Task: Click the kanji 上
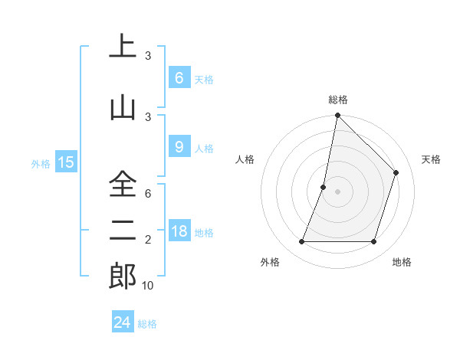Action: (123, 47)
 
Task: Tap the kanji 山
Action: (123, 108)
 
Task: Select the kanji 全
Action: (123, 185)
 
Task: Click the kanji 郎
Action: (123, 276)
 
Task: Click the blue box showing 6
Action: (179, 78)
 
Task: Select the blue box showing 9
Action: (179, 148)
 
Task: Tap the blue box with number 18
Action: (179, 231)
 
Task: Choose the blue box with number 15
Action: (65, 162)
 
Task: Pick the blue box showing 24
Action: (123, 322)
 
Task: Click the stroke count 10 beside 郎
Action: (148, 286)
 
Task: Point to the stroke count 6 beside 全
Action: (148, 194)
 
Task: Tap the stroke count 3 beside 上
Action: (148, 56)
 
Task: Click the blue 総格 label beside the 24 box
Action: (147, 324)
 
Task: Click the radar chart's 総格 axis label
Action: (337, 100)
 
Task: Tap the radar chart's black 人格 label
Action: (245, 159)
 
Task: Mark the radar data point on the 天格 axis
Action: (396, 172)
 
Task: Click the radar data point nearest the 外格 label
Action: (301, 242)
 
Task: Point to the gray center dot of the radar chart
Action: (337, 191)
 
